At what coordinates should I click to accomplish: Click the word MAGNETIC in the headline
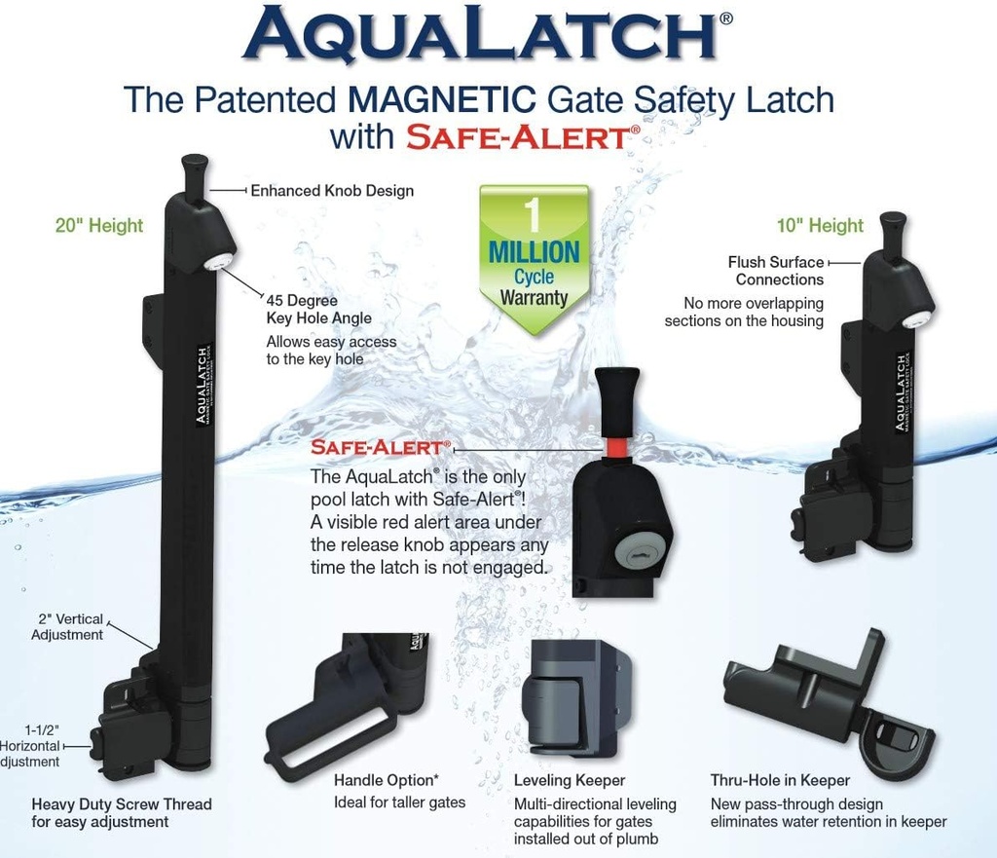tap(451, 100)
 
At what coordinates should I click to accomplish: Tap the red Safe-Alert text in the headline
tap(516, 136)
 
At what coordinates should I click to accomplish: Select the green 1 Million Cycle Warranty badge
tap(534, 256)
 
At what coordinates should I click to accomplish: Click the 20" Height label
tap(98, 226)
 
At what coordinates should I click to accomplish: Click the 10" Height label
tap(821, 226)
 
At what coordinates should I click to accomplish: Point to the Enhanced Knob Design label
tap(332, 191)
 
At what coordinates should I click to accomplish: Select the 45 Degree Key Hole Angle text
tap(318, 310)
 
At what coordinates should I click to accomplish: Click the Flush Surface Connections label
tap(776, 271)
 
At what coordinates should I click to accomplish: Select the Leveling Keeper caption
tap(570, 780)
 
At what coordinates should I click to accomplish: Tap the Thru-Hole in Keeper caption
tap(780, 780)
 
